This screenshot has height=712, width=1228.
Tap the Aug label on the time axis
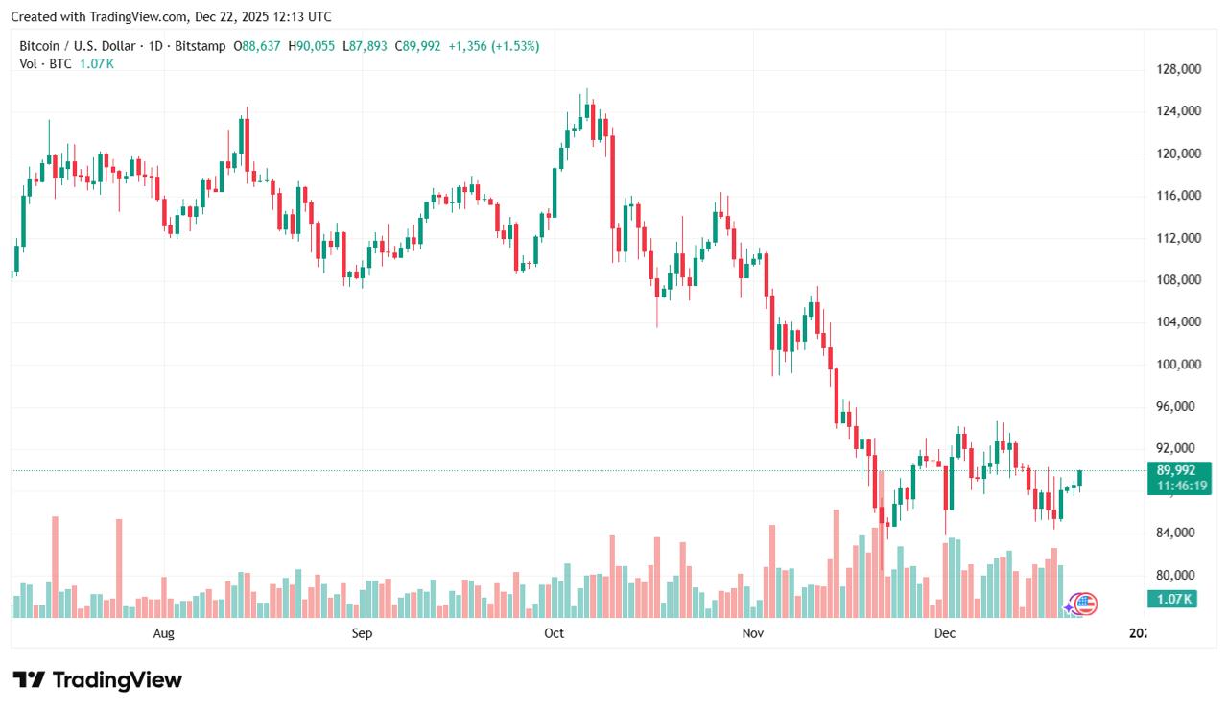coord(164,633)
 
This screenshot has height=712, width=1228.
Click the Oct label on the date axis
coord(554,633)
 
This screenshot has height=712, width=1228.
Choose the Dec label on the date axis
coord(945,633)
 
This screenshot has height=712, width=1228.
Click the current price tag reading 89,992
coord(1175,470)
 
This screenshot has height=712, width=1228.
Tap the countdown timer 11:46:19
coord(1175,487)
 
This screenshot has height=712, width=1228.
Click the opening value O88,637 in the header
coord(257,46)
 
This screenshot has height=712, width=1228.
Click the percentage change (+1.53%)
coord(515,46)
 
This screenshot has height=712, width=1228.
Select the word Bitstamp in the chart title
coord(202,46)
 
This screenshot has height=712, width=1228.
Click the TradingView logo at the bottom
coord(97,680)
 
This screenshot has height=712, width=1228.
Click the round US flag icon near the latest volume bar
coord(1085,604)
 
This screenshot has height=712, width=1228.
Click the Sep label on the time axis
coord(362,633)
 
